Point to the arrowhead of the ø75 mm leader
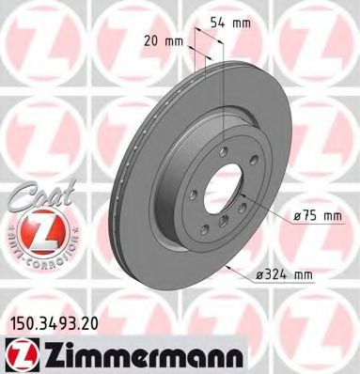pyautogui.click(x=243, y=201)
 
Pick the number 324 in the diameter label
pyautogui.click(x=301, y=274)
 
